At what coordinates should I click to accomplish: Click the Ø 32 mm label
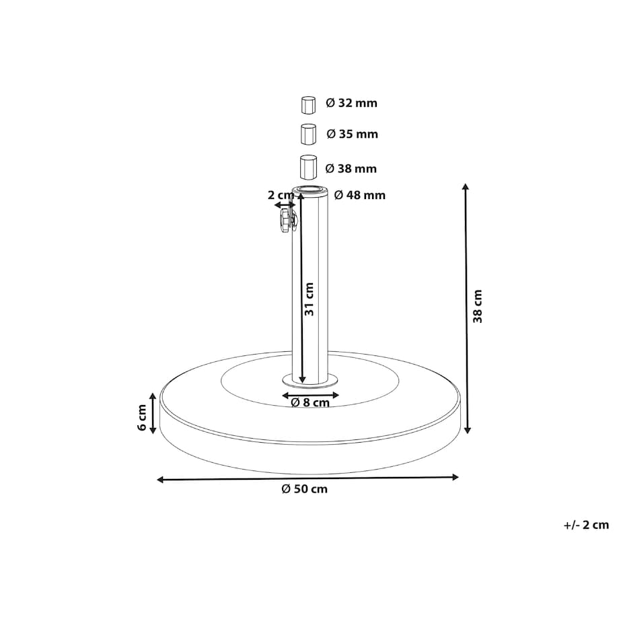[x=351, y=103]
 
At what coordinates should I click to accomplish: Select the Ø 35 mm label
[x=352, y=134]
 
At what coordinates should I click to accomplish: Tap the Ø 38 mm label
[x=351, y=169]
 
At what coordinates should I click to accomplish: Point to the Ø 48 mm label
[x=360, y=195]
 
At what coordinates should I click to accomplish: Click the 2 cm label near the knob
[x=281, y=195]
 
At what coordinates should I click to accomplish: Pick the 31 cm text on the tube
[x=309, y=299]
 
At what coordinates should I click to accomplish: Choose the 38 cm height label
[x=478, y=306]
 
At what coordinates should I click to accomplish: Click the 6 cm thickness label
[x=142, y=418]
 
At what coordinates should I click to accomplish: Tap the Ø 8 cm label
[x=310, y=402]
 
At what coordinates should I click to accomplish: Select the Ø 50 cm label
[x=304, y=489]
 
